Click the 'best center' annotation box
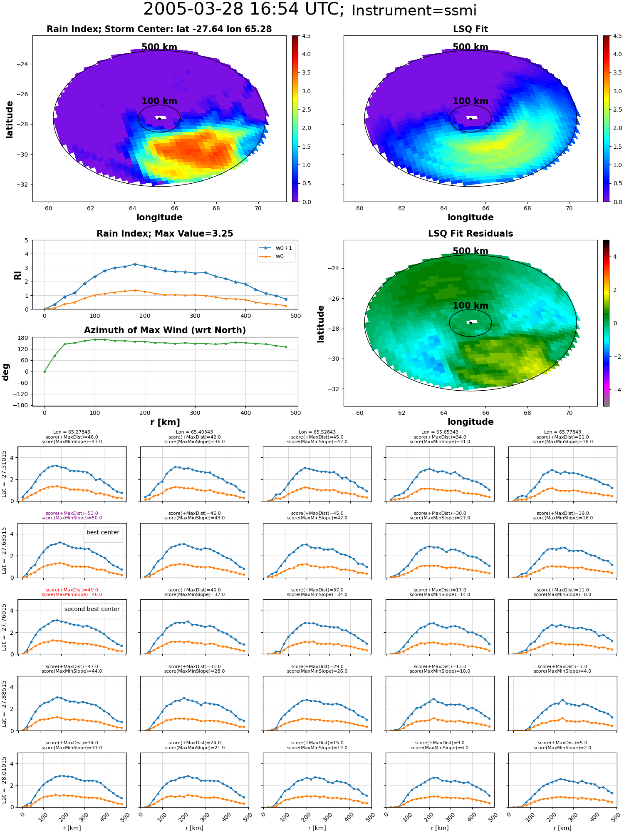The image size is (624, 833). click(x=103, y=533)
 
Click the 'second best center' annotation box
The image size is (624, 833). click(x=92, y=609)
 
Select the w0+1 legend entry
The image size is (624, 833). click(x=276, y=248)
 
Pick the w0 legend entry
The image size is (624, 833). click(x=276, y=257)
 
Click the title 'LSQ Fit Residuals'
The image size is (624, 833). click(x=470, y=234)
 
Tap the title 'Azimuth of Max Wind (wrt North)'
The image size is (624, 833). click(x=165, y=330)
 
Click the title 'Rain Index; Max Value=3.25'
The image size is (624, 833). click(x=165, y=234)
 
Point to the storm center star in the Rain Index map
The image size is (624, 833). click(x=159, y=119)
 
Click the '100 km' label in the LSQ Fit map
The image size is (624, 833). click(x=470, y=101)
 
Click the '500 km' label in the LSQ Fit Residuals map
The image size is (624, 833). click(x=470, y=251)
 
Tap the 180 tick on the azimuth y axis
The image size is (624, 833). click(x=23, y=338)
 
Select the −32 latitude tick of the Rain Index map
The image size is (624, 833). click(x=22, y=185)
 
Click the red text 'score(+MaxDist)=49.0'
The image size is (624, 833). click(x=72, y=590)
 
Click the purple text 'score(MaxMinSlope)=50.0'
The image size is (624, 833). click(x=72, y=518)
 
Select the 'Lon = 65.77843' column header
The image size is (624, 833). click(x=562, y=432)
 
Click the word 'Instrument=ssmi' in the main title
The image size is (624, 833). click(x=414, y=10)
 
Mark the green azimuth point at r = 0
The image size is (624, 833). click(x=45, y=372)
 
